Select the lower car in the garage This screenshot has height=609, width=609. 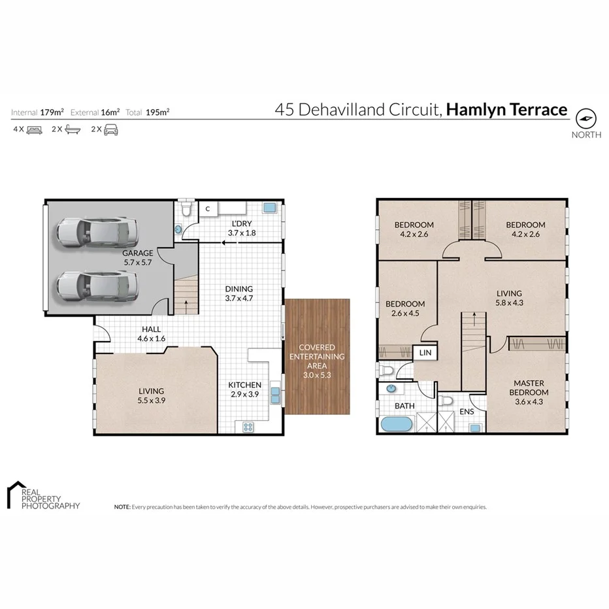tap(97, 285)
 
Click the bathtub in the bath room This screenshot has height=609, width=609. tap(396, 425)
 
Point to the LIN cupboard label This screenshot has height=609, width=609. tap(425, 353)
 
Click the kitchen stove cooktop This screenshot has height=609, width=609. tap(249, 427)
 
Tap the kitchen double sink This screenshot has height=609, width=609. tap(276, 395)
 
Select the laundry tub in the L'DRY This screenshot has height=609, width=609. tap(269, 208)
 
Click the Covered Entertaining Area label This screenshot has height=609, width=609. tap(317, 361)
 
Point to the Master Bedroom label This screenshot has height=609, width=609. tap(530, 387)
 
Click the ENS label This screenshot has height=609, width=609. tap(467, 412)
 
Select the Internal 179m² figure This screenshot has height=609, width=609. tap(47, 112)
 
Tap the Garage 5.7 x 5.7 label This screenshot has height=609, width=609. tap(137, 257)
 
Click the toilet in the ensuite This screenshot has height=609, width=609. tap(446, 400)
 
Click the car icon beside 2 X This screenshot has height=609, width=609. tap(111, 129)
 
